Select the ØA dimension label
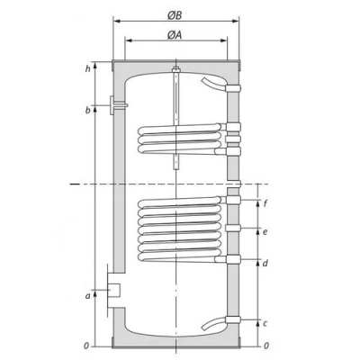click(x=177, y=35)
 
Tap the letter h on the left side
click(x=87, y=68)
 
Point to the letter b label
click(x=87, y=110)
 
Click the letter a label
click(x=87, y=294)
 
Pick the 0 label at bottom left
click(x=86, y=346)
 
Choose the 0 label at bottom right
click(x=265, y=346)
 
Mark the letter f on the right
click(x=265, y=203)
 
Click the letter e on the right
click(x=265, y=231)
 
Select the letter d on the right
click(x=265, y=263)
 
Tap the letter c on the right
click(x=265, y=322)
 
